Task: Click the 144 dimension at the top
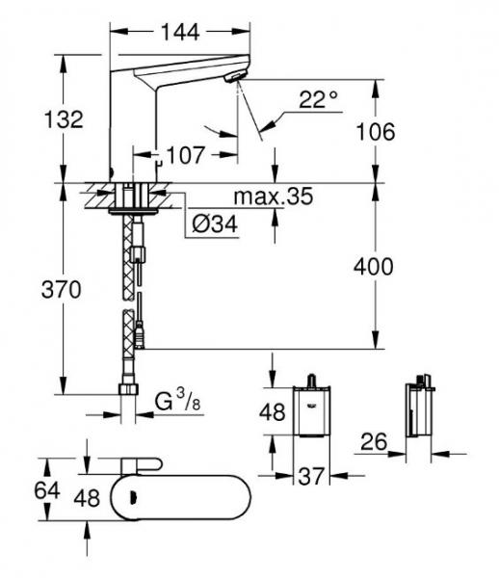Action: [x=179, y=33]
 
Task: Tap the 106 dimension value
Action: [x=376, y=132]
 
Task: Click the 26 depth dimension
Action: [x=374, y=443]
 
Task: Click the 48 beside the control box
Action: [x=273, y=413]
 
